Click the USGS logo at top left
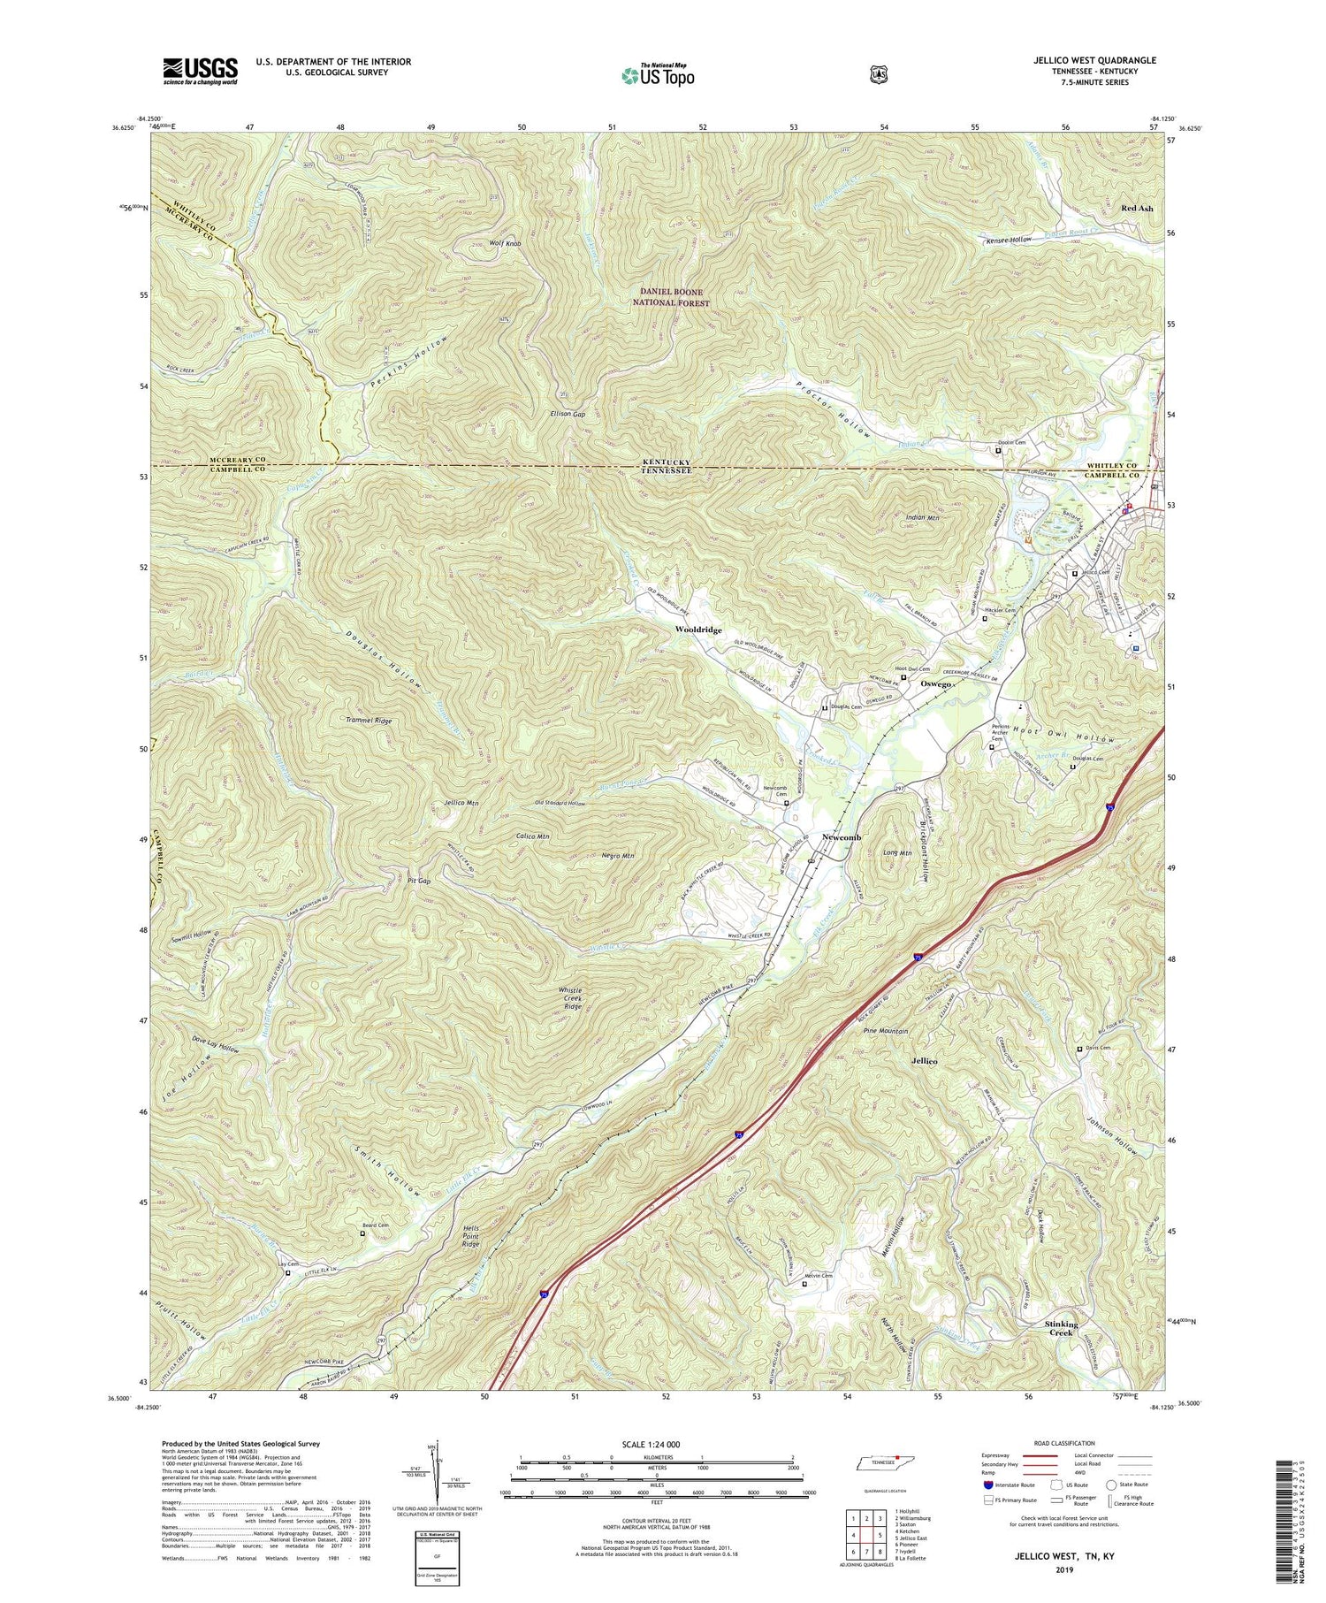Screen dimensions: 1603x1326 click(200, 71)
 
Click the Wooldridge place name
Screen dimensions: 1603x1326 click(698, 630)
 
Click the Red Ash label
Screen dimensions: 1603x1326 click(1137, 209)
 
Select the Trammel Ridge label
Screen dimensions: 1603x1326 click(369, 721)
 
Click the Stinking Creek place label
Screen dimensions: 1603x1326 click(1061, 1328)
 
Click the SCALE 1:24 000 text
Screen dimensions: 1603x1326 click(657, 1444)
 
